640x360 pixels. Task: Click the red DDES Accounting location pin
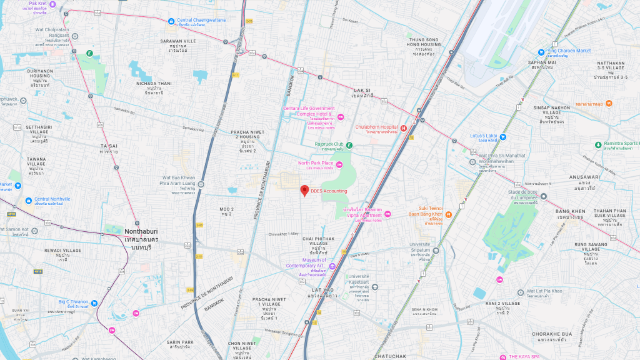click(x=305, y=191)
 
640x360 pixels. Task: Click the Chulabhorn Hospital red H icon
click(x=404, y=128)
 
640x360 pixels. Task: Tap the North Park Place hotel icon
click(x=340, y=164)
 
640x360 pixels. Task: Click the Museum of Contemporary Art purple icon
click(x=332, y=267)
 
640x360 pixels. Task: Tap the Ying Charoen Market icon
click(x=541, y=51)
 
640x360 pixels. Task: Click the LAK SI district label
click(x=361, y=91)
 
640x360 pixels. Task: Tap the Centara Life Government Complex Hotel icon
click(x=341, y=117)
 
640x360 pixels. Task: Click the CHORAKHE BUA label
click(x=552, y=334)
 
